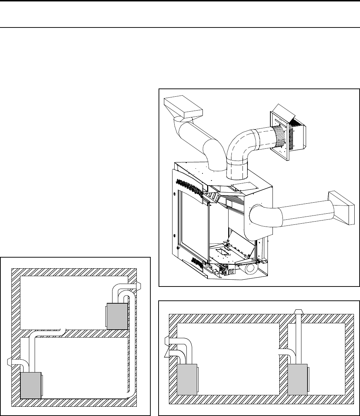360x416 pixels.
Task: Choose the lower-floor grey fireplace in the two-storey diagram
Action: pyautogui.click(x=31, y=385)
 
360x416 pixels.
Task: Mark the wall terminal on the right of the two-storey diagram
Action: pyautogui.click(x=138, y=285)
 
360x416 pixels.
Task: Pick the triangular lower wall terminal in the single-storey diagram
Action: pyautogui.click(x=166, y=353)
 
